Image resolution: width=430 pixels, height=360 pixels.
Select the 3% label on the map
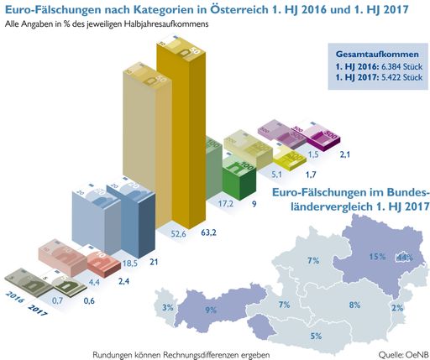point(168,308)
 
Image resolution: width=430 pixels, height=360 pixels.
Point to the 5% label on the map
point(316,336)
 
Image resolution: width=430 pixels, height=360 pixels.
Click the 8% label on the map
point(354,305)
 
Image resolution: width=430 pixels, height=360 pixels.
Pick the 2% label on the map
point(396,308)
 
